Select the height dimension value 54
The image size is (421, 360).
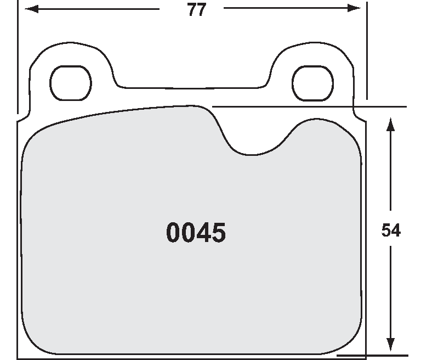391,231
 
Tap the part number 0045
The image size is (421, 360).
196,233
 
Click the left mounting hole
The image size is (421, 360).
70,82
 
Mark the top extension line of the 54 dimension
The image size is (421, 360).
307,106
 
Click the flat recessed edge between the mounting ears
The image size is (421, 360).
192,87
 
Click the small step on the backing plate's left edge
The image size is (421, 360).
22,117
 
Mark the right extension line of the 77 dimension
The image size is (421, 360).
366,49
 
